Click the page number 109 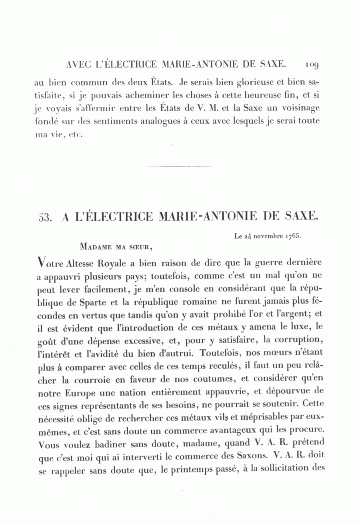(x=311, y=64)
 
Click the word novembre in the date (x=269, y=236)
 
